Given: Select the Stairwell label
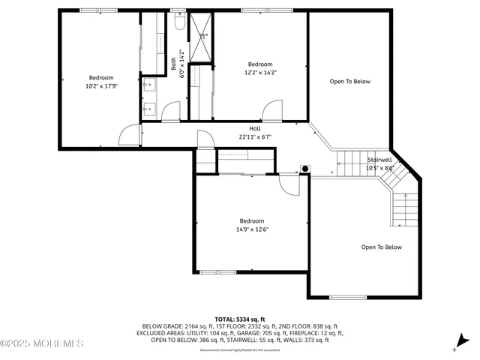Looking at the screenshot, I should point(379,160).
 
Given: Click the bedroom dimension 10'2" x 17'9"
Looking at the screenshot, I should point(101,86).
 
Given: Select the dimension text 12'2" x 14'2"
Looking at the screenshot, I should point(260,73).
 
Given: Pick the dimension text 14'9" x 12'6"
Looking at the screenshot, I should point(251,229).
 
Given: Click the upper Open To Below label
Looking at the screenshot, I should point(350,82).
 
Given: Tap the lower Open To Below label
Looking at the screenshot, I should point(381,247).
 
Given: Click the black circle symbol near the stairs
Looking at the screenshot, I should point(304,168).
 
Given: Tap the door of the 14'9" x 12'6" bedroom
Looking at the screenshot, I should point(289,184).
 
